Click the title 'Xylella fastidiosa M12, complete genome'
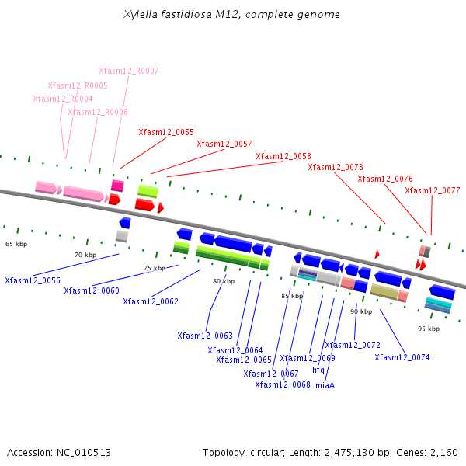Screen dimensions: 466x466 pos(231,15)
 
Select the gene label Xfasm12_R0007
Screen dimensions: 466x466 pos(129,71)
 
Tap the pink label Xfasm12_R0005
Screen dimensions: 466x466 pos(78,85)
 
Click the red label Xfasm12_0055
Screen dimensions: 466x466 pos(166,132)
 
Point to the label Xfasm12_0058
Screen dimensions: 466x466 pos(283,156)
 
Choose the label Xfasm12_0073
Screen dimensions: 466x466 pos(336,167)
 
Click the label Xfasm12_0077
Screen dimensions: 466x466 pos(433,190)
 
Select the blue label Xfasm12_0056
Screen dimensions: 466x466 pos(33,280)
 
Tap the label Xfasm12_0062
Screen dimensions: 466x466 pos(151,301)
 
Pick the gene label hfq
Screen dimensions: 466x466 pos(318,370)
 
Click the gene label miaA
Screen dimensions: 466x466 pos(325,384)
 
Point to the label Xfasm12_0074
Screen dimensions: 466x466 pos(402,357)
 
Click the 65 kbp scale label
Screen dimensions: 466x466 pos(16,244)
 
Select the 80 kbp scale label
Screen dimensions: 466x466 pos(224,281)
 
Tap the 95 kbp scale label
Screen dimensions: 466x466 pos(429,329)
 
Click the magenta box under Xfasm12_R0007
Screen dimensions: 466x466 pos(117,186)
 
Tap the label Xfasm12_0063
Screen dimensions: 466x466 pos(205,336)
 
